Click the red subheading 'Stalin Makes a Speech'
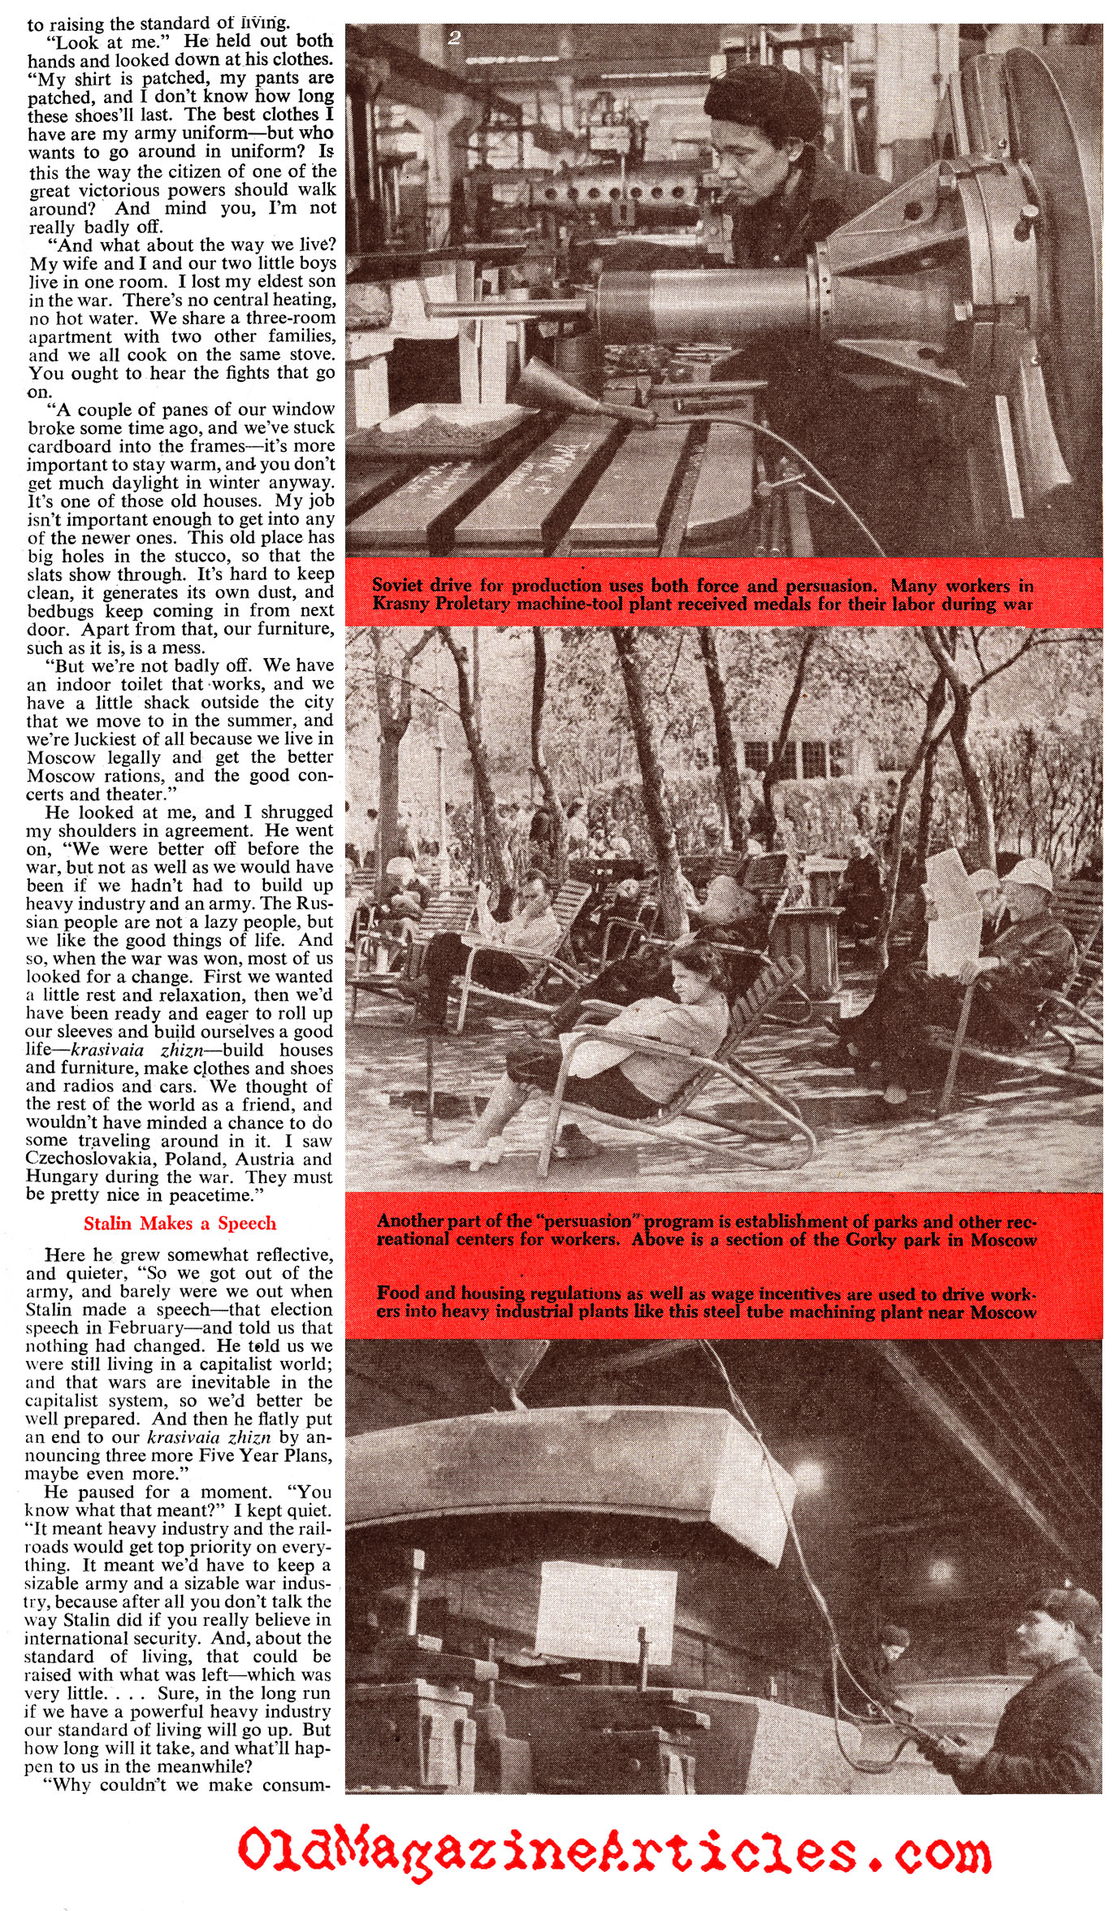180,1223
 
